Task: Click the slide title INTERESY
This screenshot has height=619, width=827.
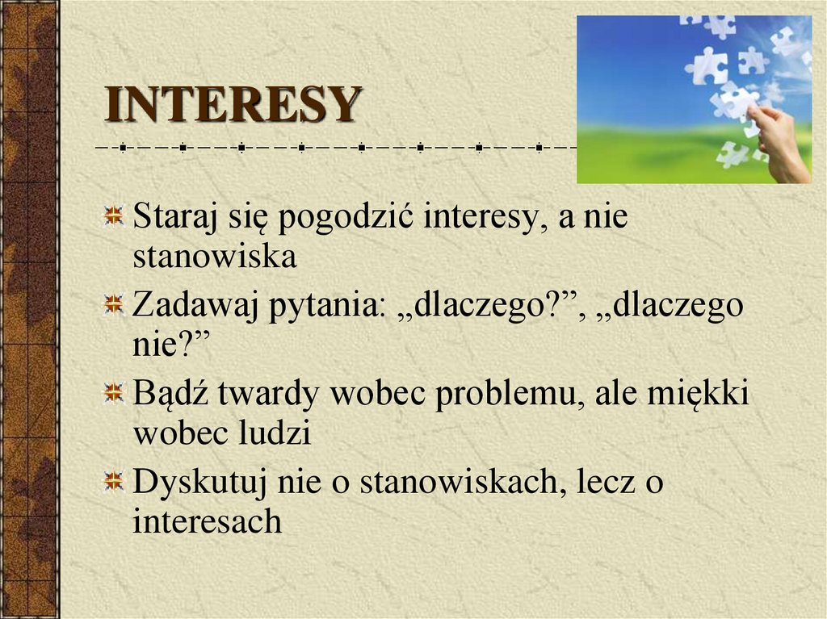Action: pos(233,105)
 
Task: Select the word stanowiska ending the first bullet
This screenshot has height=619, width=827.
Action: pos(215,257)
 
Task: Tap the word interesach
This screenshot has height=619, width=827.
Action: pos(207,521)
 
